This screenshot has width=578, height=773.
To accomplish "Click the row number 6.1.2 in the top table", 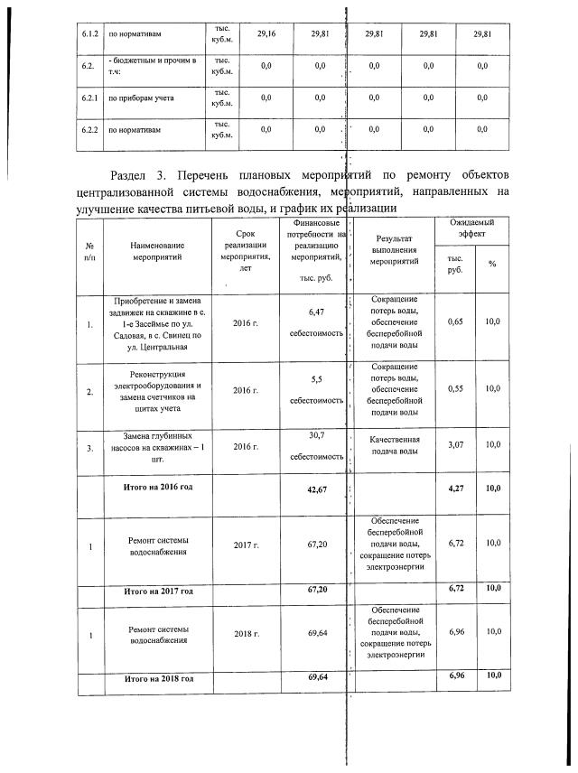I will tap(88, 34).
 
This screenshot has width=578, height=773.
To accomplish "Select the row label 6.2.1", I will tap(88, 98).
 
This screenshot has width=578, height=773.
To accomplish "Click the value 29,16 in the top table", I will tap(266, 34).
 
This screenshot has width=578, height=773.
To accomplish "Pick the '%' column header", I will tap(492, 264).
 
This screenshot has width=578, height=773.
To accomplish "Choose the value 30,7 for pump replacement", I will tap(316, 436).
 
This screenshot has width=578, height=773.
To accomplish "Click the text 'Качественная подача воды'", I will tap(394, 445).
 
